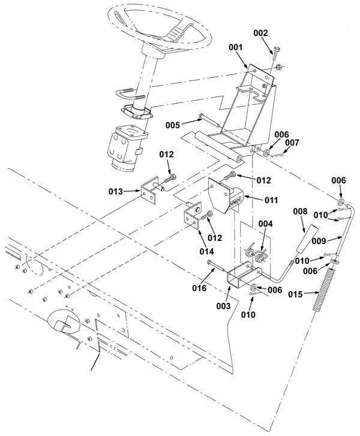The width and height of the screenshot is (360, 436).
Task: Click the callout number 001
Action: pos(235,47)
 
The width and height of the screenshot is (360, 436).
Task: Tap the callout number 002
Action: pos(260,33)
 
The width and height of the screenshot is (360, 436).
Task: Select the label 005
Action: pos(173,125)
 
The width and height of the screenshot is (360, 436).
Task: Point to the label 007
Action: pos(292,143)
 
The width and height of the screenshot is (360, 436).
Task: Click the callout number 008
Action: pos(300,212)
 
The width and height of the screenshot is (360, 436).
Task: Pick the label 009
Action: pos(319,241)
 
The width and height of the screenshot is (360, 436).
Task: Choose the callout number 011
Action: pos(271,200)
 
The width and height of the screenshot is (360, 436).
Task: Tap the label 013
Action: pos(115,191)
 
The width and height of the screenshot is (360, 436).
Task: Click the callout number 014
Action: pos(207,251)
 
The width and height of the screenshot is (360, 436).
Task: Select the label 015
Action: pos(295,294)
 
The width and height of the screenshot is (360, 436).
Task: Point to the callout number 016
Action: pos(199,288)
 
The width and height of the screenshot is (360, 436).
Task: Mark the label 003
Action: pos(224,306)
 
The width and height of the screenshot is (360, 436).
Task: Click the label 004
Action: pos(266,224)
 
